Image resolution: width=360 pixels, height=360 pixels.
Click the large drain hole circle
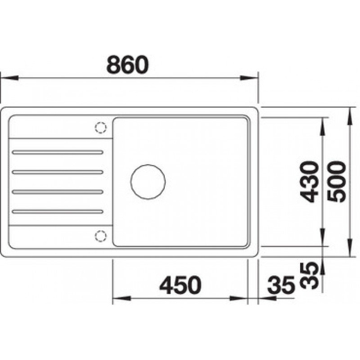point(148,182)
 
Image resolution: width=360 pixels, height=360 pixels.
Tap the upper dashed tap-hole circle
point(100,127)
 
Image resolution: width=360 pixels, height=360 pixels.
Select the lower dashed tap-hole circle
point(100,236)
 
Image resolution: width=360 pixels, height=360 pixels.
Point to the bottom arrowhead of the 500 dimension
point(351,253)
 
